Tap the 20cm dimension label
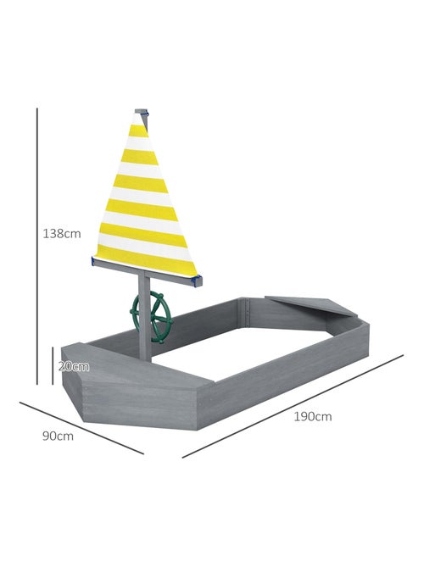click(x=74, y=367)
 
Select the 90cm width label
click(x=58, y=436)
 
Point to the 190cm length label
click(x=312, y=416)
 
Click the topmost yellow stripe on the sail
click(x=138, y=131)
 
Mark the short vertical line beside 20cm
click(x=53, y=366)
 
